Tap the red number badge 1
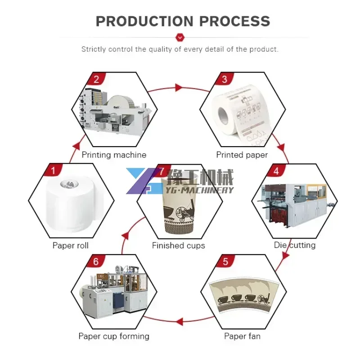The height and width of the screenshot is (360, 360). point(53,171)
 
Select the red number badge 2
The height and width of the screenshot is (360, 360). point(96,80)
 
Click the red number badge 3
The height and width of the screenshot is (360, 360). point(224,80)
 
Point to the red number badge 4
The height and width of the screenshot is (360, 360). point(276,171)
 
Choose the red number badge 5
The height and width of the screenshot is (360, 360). point(225,261)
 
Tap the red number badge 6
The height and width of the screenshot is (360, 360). point(96,261)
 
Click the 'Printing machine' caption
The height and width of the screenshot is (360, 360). point(114,155)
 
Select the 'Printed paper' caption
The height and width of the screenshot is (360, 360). point(242,155)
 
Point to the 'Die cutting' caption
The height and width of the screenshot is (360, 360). point(295,245)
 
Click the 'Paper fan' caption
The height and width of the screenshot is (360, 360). point(242,336)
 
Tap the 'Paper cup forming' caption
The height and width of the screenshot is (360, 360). point(114,336)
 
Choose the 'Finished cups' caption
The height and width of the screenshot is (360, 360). point(178,246)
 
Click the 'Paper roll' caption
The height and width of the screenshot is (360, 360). point(71,246)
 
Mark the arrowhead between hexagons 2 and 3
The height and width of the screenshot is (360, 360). point(179,87)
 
